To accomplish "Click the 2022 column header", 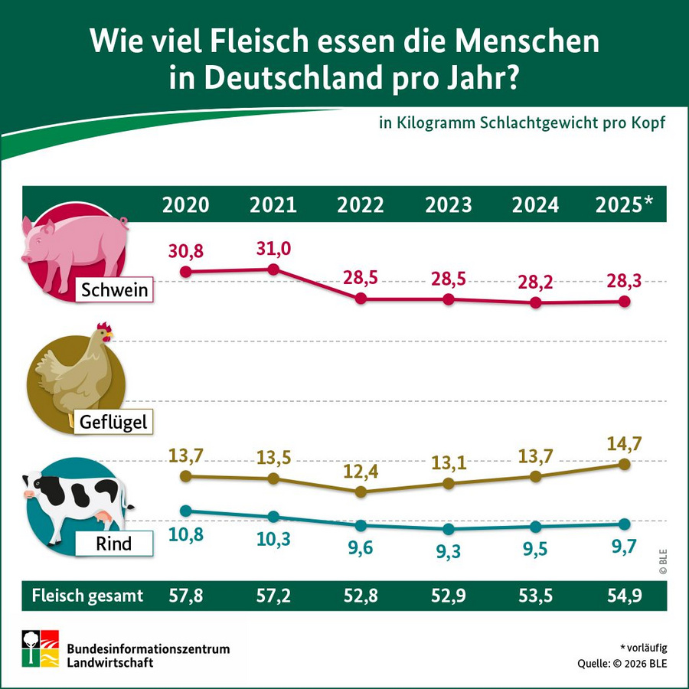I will (361, 204).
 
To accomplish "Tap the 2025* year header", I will (624, 204).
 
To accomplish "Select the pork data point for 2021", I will (273, 269).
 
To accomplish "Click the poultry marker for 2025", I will (624, 464).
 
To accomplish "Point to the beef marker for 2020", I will (185, 510).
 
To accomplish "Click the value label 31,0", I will (273, 248).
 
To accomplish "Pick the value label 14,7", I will (624, 442).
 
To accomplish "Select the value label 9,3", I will (449, 550).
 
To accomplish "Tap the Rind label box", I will (113, 544).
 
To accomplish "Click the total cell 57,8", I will (185, 596).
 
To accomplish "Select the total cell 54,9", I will (624, 596).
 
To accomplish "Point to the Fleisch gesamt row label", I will (87, 596).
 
